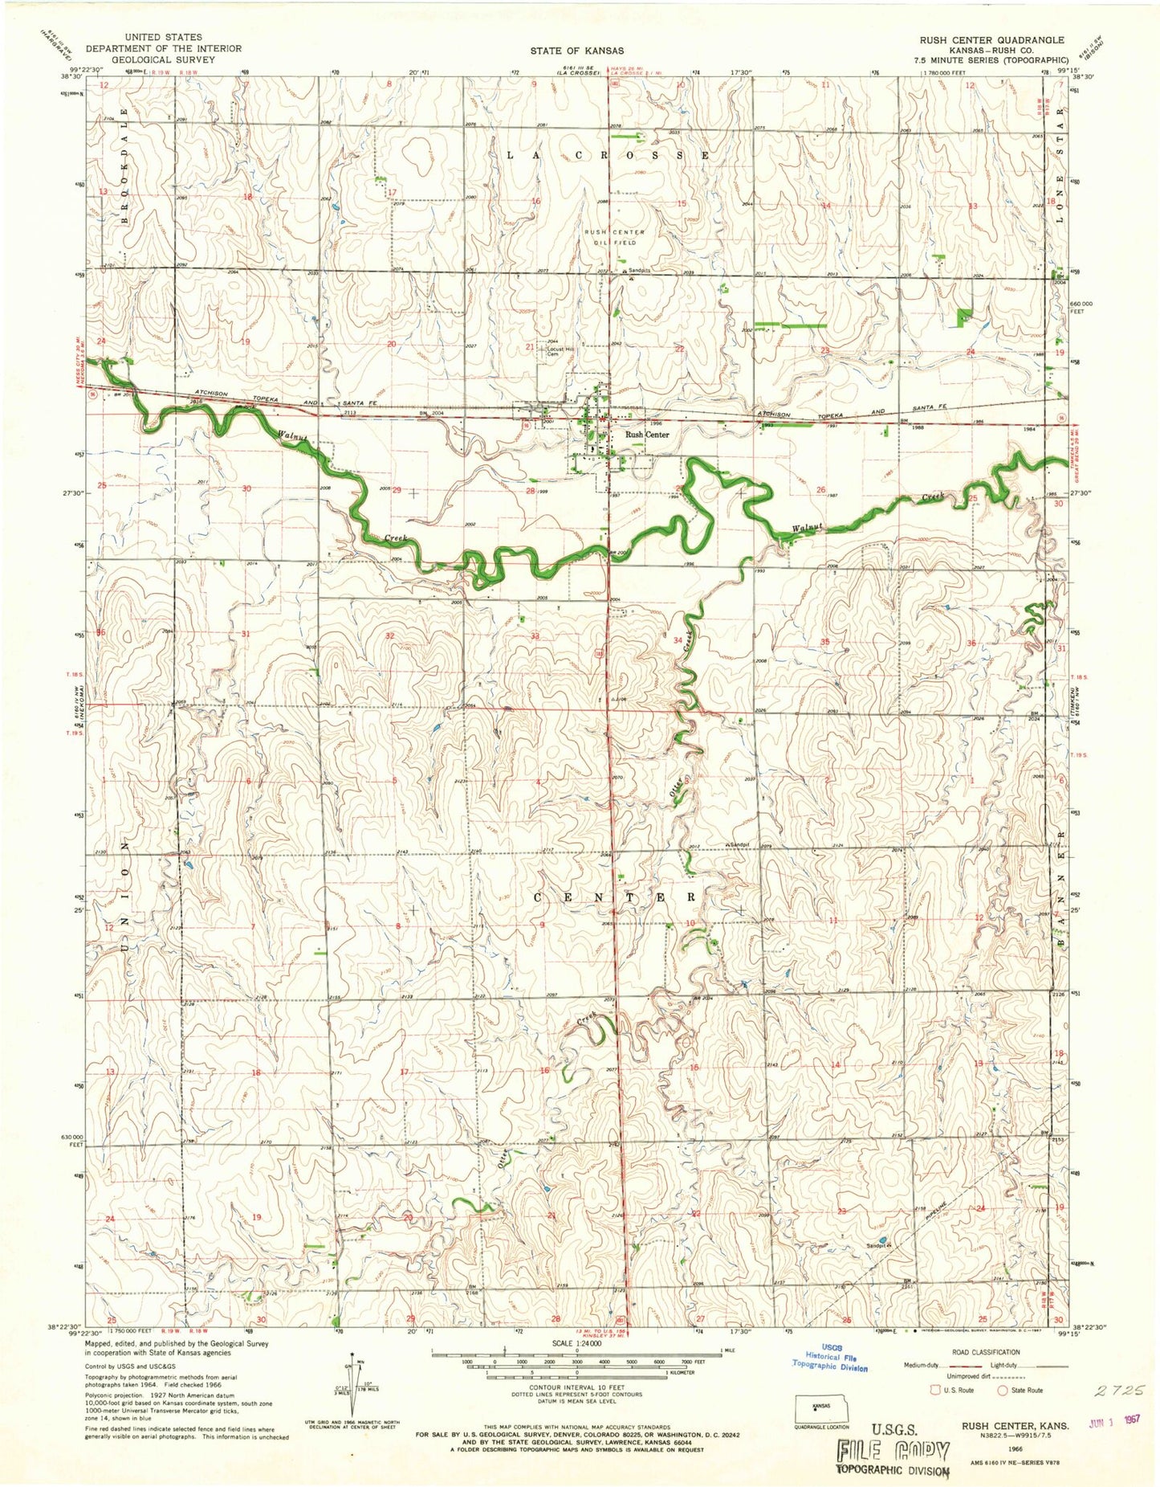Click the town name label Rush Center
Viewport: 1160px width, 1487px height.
[x=647, y=435]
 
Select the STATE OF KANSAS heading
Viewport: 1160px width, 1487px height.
[x=576, y=51]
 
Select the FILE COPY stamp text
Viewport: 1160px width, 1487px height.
[x=893, y=1450]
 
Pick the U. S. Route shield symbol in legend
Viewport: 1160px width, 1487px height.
[x=934, y=1390]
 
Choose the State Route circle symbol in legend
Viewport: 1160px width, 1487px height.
[x=1002, y=1390]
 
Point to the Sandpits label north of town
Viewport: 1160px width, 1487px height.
[x=640, y=271]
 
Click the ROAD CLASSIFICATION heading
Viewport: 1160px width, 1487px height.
[x=987, y=1352]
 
